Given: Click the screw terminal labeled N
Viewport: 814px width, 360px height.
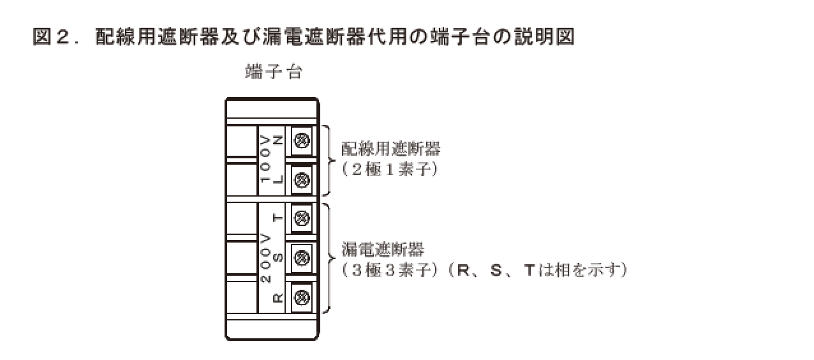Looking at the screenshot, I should [x=302, y=140].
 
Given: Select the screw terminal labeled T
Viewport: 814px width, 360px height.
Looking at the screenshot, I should [x=302, y=218].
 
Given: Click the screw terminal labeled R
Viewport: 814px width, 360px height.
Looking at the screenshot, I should [x=302, y=297].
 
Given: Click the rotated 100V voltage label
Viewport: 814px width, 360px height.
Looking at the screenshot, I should [x=265, y=160].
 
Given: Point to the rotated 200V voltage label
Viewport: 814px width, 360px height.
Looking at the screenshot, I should [x=265, y=258].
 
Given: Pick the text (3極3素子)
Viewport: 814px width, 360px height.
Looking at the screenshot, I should [x=390, y=270].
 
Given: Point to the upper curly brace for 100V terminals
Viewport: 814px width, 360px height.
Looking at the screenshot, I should [x=328, y=160].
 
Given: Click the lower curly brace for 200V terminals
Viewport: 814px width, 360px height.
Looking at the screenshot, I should [x=328, y=258].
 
